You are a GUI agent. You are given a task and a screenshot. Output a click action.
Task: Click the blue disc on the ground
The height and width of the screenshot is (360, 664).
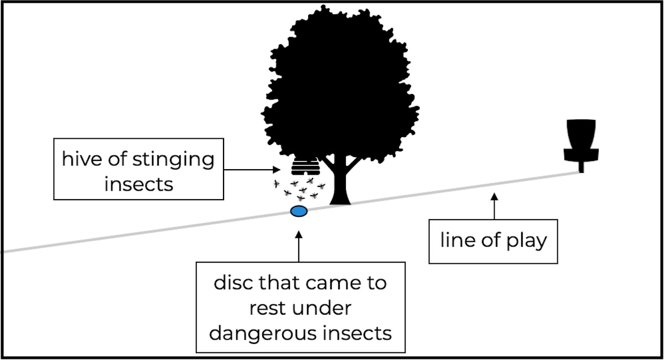(x=299, y=211)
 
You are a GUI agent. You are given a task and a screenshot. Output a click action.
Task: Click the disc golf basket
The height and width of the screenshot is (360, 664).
(x=579, y=140)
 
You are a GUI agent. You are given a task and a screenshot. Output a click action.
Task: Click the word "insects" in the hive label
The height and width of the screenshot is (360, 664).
(x=138, y=184)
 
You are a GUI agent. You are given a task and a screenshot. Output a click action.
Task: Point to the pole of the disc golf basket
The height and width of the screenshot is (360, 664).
(x=582, y=166)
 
